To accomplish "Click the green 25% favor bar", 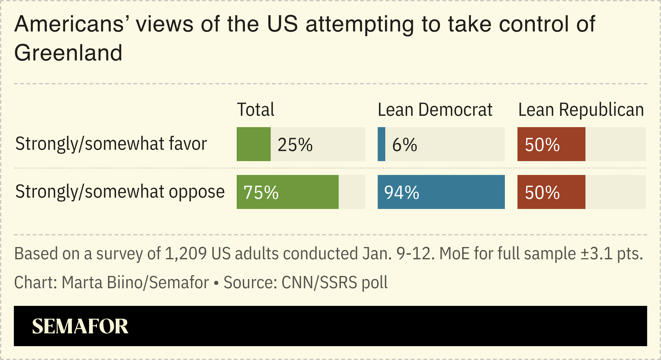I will coord(253,144).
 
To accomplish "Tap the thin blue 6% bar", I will coord(381,144).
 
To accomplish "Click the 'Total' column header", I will coord(255,110).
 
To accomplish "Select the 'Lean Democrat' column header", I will coord(435,110).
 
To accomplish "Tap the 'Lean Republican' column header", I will coord(581,110).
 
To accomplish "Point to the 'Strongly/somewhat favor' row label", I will coord(111,144).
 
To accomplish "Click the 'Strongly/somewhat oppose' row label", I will coord(120,192).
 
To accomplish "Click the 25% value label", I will coord(295,145).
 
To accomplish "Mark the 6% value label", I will coord(404,145).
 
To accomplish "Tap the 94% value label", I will coord(402,193).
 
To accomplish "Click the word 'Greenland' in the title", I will coord(68,53).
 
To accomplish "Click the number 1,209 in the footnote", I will coord(186,254).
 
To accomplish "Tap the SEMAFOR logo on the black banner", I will coord(80,326).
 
